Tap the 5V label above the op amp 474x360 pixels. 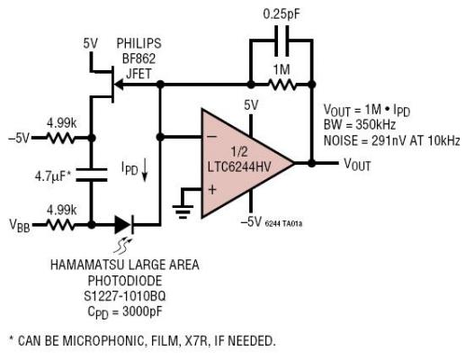point(250,105)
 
